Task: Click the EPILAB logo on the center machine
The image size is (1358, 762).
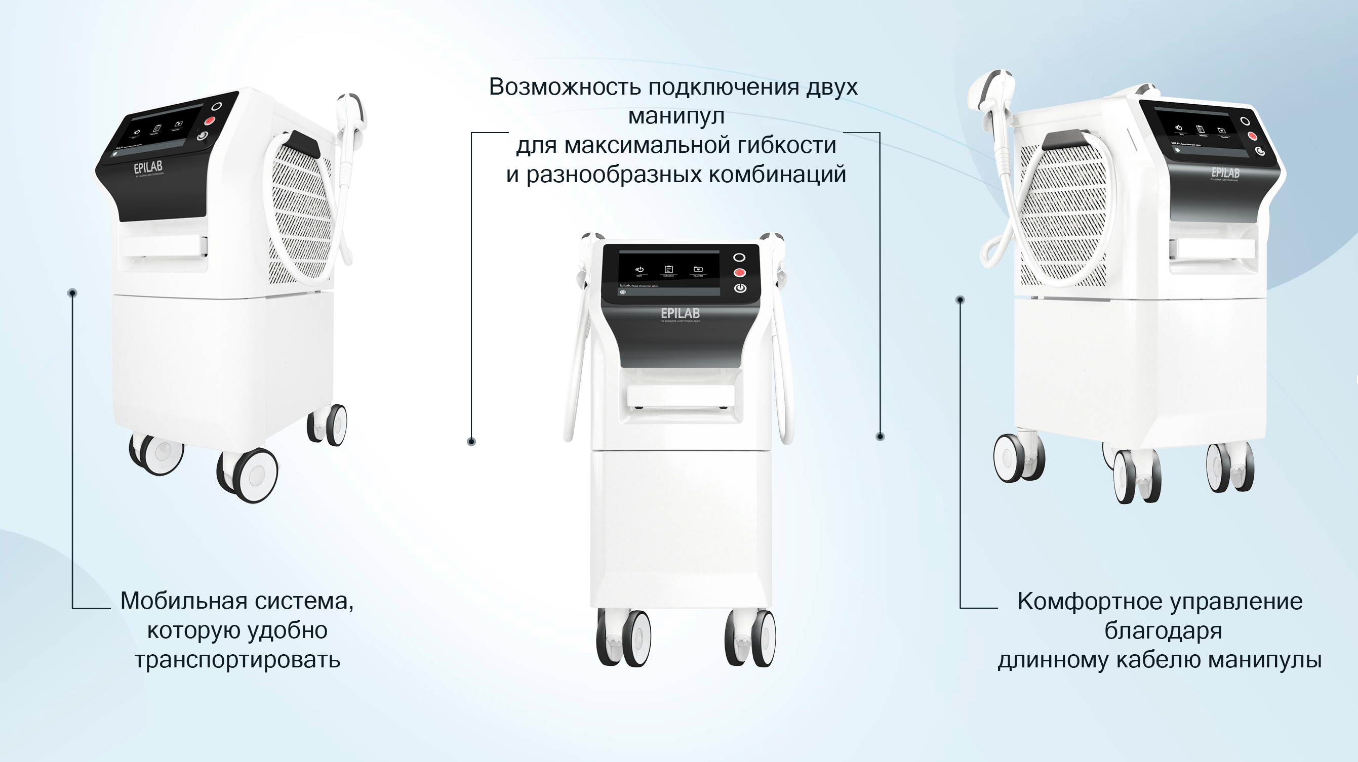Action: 680,314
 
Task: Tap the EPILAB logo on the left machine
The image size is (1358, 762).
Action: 148,168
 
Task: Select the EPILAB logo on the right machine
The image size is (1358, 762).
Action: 1225,173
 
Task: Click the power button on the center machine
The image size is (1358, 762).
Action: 740,288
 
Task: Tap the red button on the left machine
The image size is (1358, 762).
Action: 210,121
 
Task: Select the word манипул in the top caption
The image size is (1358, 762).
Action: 676,116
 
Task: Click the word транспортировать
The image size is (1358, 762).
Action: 237,660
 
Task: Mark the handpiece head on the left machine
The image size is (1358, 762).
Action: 352,108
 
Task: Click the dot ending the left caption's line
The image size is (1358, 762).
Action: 73,293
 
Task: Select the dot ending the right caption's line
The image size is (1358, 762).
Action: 960,300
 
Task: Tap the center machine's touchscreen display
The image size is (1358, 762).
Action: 668,271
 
